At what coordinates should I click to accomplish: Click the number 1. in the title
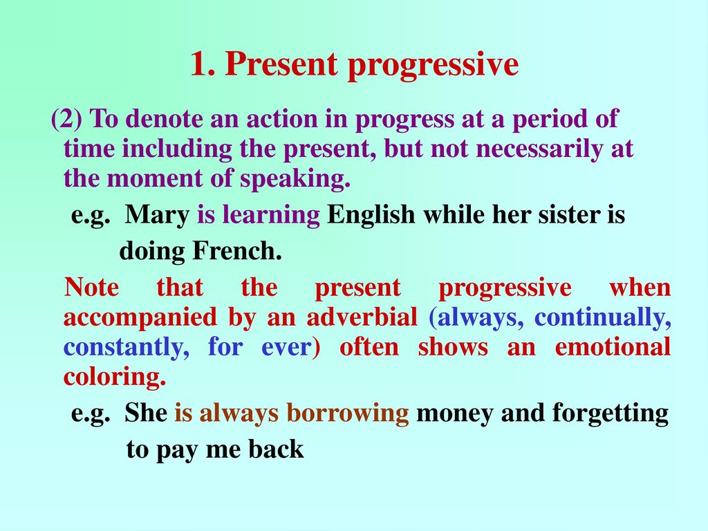point(203,64)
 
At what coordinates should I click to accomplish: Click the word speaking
point(295,179)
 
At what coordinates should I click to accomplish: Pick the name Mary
point(157,215)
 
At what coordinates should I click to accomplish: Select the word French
point(238,250)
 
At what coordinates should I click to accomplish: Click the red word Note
point(92,287)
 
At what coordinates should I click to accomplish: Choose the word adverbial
point(362,317)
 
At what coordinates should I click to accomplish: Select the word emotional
point(613,347)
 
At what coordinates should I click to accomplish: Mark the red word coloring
point(115,378)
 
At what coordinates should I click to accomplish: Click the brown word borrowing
point(348,413)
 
